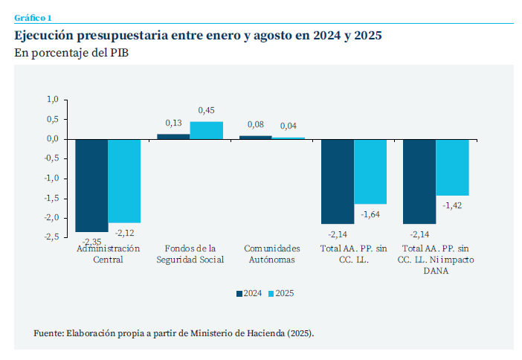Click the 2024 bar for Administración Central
pyautogui.click(x=91, y=185)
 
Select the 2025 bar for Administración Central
pyautogui.click(x=124, y=181)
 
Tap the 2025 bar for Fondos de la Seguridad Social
pyautogui.click(x=206, y=130)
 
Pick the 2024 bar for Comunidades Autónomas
pyautogui.click(x=255, y=137)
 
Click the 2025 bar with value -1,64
pyautogui.click(x=370, y=171)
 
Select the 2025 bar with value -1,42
pyautogui.click(x=452, y=167)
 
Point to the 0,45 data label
pyautogui.click(x=206, y=111)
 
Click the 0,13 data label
pyautogui.click(x=173, y=123)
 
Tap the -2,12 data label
pyautogui.click(x=126, y=232)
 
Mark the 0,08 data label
pyautogui.click(x=255, y=125)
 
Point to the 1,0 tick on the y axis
pyautogui.click(x=52, y=100)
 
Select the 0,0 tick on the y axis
pyautogui.click(x=52, y=139)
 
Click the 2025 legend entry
pyautogui.click(x=280, y=294)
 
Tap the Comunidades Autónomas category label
pyautogui.click(x=271, y=254)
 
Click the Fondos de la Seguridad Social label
pyautogui.click(x=190, y=254)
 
